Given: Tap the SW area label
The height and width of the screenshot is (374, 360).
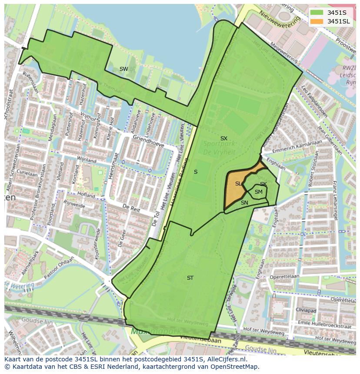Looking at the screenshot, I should click(x=123, y=69).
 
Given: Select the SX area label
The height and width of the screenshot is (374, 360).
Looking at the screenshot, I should click(x=223, y=139).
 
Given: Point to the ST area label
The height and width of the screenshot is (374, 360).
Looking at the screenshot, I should click(x=190, y=278).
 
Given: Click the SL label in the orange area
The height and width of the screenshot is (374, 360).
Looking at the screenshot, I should click(x=238, y=184).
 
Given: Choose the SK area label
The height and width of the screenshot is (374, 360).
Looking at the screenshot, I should click(x=263, y=184).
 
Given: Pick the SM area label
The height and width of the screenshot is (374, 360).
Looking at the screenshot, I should click(x=258, y=192).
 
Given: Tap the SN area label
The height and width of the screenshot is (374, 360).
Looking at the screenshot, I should click(x=244, y=203).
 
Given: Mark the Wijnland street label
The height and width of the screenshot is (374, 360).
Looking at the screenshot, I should click(x=86, y=160).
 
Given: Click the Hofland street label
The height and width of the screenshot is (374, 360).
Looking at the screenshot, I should click(x=87, y=196).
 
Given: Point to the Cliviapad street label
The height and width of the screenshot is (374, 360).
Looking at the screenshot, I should click(x=306, y=310).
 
